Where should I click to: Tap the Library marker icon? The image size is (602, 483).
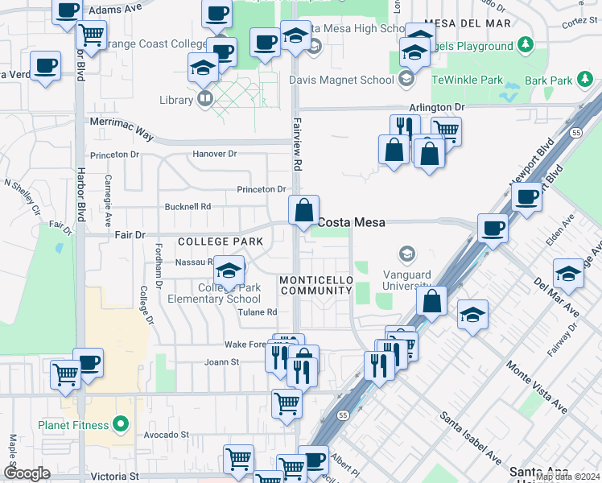coord(205,99)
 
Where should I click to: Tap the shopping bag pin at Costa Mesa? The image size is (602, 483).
coord(304,211)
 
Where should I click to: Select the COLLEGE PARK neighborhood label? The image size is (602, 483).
coord(209,242)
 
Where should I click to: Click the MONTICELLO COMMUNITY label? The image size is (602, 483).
coord(315,285)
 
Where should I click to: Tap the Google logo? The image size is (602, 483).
coord(27,473)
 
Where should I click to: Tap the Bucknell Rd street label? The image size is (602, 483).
coord(188,207)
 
